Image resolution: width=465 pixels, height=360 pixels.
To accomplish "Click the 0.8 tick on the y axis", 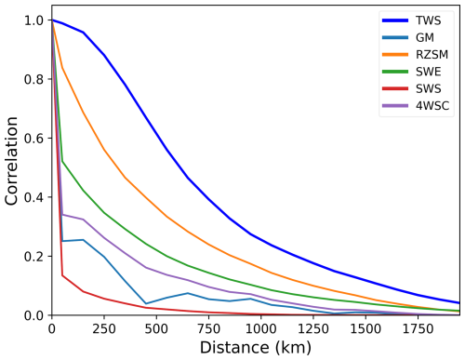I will [x=34, y=79].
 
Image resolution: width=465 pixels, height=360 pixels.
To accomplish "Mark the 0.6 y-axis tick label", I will [x=34, y=139].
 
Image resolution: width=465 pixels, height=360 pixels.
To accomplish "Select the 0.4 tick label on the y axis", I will [x=34, y=197].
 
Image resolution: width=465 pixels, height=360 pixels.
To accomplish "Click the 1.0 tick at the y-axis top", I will [x=34, y=20].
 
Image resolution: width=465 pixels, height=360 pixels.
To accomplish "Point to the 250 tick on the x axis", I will [x=104, y=328].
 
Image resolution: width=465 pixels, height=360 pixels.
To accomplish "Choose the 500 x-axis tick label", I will [x=156, y=328].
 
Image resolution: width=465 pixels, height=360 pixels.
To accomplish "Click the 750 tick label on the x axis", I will [x=208, y=328].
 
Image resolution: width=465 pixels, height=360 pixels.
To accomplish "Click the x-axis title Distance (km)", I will [x=256, y=347].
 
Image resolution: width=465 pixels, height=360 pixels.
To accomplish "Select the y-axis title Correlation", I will [x=12, y=167].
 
